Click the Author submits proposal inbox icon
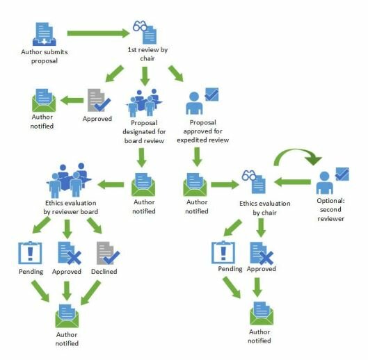(44, 34)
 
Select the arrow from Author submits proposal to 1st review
(98, 33)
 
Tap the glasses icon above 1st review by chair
(140, 26)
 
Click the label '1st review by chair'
(147, 54)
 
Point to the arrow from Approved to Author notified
(72, 100)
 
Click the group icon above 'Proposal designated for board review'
(144, 102)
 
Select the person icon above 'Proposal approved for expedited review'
(194, 103)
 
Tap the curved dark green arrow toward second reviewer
(297, 154)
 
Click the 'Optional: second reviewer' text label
(330, 210)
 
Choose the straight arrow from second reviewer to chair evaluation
(292, 182)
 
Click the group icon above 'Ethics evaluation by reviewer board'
(69, 180)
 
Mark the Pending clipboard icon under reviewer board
(30, 253)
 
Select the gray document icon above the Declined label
(109, 253)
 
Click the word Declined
(104, 271)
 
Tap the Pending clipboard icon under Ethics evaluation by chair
(223, 252)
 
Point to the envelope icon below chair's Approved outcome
(262, 313)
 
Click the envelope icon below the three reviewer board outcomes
(67, 316)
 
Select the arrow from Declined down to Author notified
(90, 293)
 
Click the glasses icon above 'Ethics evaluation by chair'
(249, 175)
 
